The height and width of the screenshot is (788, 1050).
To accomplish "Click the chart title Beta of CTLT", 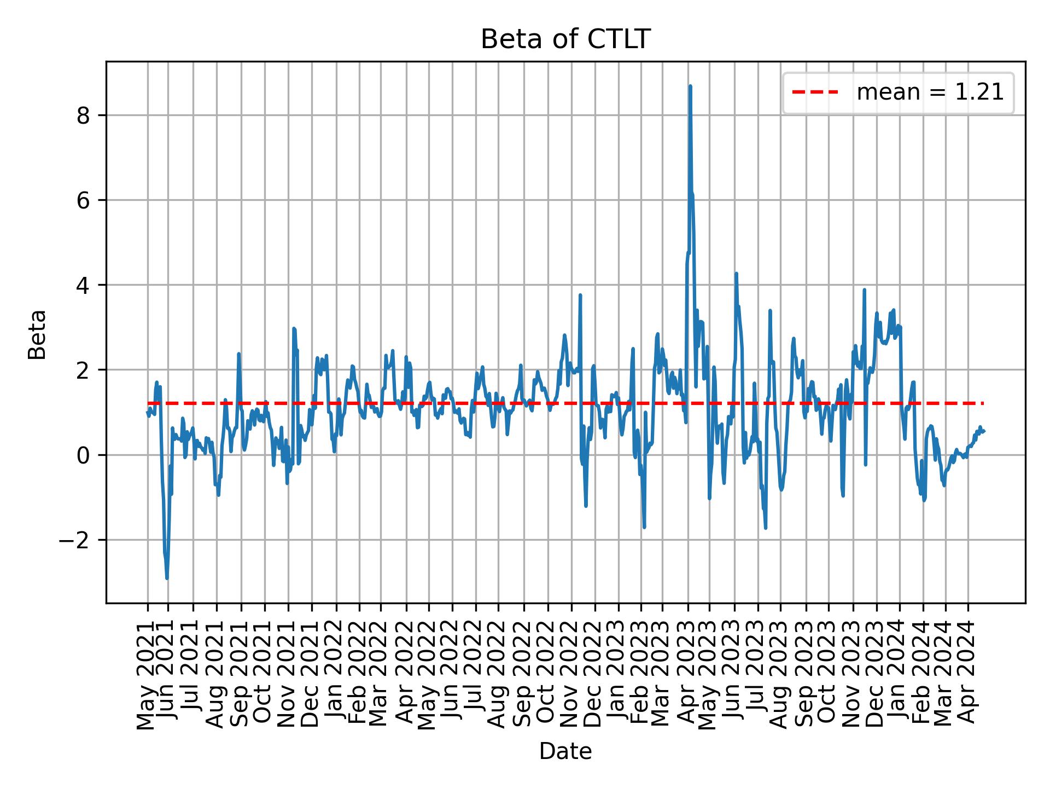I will pyautogui.click(x=565, y=39).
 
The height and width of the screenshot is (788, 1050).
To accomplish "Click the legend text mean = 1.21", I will pyautogui.click(x=930, y=93).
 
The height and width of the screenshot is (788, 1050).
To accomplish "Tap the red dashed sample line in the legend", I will pyautogui.click(x=815, y=93).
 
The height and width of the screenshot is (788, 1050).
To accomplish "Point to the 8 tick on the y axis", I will pyautogui.click(x=83, y=115).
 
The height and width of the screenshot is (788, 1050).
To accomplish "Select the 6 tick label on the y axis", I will pyautogui.click(x=83, y=200).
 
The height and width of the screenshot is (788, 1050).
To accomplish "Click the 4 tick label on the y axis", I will pyautogui.click(x=83, y=285).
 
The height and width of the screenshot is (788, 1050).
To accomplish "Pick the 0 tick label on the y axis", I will pyautogui.click(x=83, y=455).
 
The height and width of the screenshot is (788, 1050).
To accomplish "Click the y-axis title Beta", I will pyautogui.click(x=37, y=334).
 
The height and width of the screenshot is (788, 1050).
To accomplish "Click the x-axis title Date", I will pyautogui.click(x=565, y=751).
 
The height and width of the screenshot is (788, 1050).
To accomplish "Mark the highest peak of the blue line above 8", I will pyautogui.click(x=690, y=86).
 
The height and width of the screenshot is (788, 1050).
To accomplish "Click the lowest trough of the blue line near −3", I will pyautogui.click(x=167, y=578).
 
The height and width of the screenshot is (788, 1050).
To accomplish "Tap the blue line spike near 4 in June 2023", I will pyautogui.click(x=736, y=274).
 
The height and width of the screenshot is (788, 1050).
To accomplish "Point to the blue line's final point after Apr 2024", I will pyautogui.click(x=984, y=431).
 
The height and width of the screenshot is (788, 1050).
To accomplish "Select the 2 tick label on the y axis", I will pyautogui.click(x=83, y=370).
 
